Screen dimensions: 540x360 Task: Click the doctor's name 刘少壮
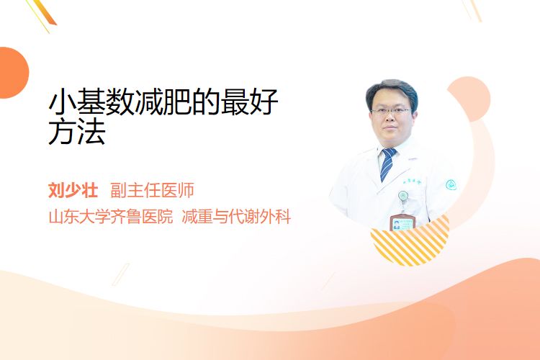click(x=73, y=190)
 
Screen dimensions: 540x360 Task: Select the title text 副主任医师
click(x=152, y=190)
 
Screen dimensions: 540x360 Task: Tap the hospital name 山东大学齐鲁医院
click(x=111, y=217)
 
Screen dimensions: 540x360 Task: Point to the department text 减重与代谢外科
click(x=236, y=217)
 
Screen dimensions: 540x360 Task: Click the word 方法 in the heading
click(x=77, y=132)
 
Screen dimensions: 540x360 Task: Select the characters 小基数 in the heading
click(x=91, y=102)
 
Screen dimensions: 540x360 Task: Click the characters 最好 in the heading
click(x=249, y=102)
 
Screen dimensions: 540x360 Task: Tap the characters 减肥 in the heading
click(x=163, y=102)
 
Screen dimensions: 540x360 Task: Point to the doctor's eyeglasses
click(x=391, y=112)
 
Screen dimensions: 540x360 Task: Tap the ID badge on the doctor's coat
click(x=402, y=222)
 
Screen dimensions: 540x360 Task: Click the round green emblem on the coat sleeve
click(x=451, y=185)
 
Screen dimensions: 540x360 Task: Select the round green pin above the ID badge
click(x=403, y=196)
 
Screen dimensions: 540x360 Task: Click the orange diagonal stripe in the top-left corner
click(x=48, y=12)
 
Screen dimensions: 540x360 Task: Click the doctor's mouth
click(x=390, y=128)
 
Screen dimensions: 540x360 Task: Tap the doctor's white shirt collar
click(x=389, y=152)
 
